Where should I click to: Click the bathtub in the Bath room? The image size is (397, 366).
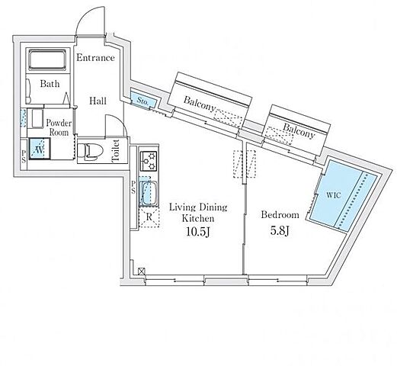click(x=47, y=60)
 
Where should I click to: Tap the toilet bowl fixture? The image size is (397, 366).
click(x=90, y=151)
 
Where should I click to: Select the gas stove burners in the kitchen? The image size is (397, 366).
click(x=149, y=161)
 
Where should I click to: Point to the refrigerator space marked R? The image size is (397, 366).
click(x=149, y=217)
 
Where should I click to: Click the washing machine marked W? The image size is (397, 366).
click(x=40, y=149)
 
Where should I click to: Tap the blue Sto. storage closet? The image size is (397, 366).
click(x=142, y=100)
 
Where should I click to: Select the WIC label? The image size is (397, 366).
click(x=333, y=195)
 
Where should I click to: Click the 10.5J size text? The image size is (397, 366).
click(x=198, y=231)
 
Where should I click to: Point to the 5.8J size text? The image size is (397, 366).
click(x=280, y=230)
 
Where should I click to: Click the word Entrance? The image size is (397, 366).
click(x=95, y=58)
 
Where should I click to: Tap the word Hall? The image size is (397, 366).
click(x=98, y=101)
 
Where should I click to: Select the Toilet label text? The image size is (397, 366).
click(x=116, y=150)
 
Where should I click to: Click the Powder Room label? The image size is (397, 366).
click(x=59, y=127)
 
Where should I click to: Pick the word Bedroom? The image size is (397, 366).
click(x=280, y=215)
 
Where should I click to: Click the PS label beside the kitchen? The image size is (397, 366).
click(x=133, y=187)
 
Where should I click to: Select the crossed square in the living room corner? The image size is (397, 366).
click(x=142, y=271)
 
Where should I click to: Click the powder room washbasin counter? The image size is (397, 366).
click(x=36, y=119)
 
